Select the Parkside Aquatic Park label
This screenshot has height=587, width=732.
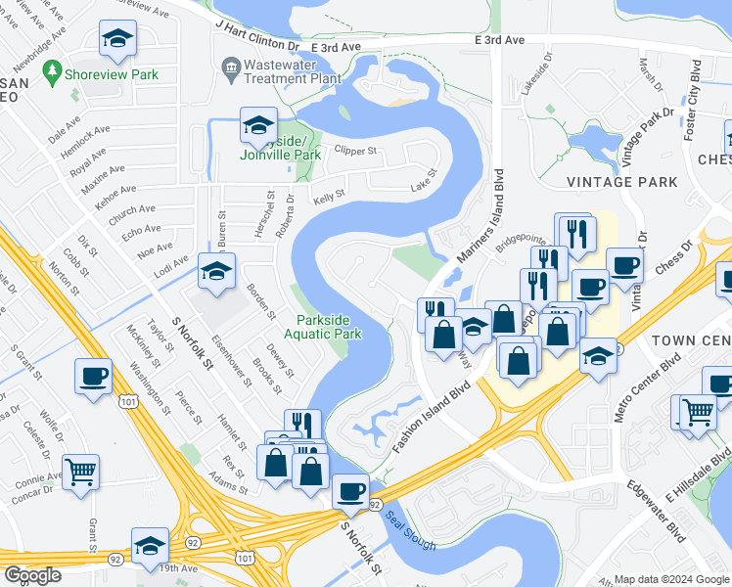pyautogui.click(x=329, y=327)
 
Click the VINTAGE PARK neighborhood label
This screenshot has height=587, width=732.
pyautogui.click(x=621, y=182)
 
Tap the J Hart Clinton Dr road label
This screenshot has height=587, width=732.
pyautogui.click(x=257, y=46)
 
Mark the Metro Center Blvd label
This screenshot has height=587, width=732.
pyautogui.click(x=633, y=390)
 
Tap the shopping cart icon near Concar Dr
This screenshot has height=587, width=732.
pyautogui.click(x=81, y=472)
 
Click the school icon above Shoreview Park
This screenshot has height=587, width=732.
pyautogui.click(x=117, y=38)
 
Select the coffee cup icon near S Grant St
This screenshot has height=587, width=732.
pyautogui.click(x=94, y=377)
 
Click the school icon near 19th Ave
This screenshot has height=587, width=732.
pyautogui.click(x=150, y=544)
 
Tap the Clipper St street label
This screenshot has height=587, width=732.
pyautogui.click(x=355, y=152)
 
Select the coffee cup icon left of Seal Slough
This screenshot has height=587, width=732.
pyautogui.click(x=350, y=491)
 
